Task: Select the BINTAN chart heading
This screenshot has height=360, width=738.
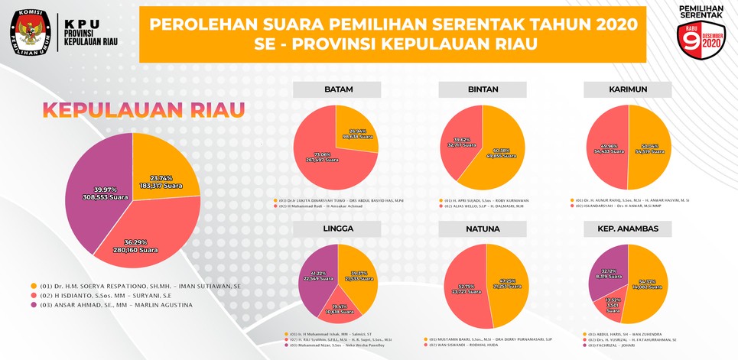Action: (x=483, y=89)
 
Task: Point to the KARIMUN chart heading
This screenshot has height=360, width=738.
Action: (x=628, y=89)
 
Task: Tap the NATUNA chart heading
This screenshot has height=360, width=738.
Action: (x=483, y=229)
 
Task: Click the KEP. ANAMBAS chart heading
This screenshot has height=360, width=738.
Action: (x=628, y=229)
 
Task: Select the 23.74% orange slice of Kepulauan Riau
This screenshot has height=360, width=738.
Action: (x=161, y=164)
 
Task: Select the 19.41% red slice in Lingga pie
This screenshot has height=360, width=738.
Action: (x=334, y=307)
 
